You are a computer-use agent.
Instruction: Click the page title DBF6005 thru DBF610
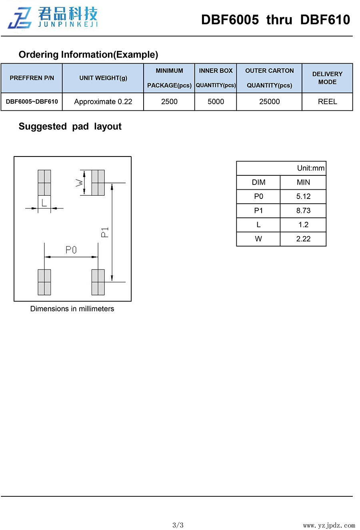275,20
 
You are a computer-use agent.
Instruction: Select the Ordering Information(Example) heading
88,54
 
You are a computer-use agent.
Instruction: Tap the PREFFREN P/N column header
32,78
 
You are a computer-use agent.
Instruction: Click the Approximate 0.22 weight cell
103,102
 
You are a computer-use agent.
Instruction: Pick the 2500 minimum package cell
169,102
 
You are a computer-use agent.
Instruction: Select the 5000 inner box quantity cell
216,102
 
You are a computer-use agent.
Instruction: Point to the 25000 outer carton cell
269,102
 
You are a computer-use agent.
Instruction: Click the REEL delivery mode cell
327,102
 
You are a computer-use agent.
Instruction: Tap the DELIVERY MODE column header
327,78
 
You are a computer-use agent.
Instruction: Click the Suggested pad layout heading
70,126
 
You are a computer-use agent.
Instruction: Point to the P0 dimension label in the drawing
71,250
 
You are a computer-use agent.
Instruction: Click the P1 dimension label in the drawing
105,232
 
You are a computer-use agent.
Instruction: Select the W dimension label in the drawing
79,183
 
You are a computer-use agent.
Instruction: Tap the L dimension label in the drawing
44,203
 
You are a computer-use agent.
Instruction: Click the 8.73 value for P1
303,211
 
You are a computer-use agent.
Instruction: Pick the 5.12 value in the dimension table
303,197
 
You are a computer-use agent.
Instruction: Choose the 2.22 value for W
303,239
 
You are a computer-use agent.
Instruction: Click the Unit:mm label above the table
311,168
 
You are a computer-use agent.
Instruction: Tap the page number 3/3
178,525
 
